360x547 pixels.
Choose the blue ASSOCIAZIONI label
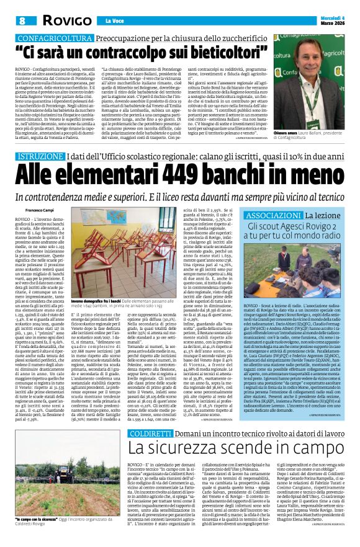coord(270,197)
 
